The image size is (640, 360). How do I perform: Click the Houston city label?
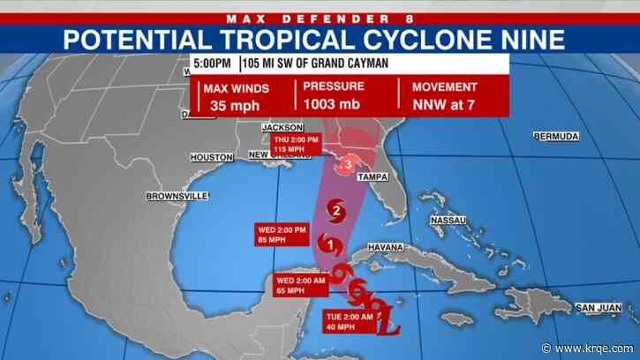click(211, 158)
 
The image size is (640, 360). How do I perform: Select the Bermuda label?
click(556, 137)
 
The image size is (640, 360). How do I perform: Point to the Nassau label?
click(448, 220)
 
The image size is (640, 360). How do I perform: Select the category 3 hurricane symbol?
click(349, 164)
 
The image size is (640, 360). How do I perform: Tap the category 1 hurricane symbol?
click(330, 244)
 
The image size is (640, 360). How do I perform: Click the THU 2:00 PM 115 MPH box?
click(295, 146)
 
